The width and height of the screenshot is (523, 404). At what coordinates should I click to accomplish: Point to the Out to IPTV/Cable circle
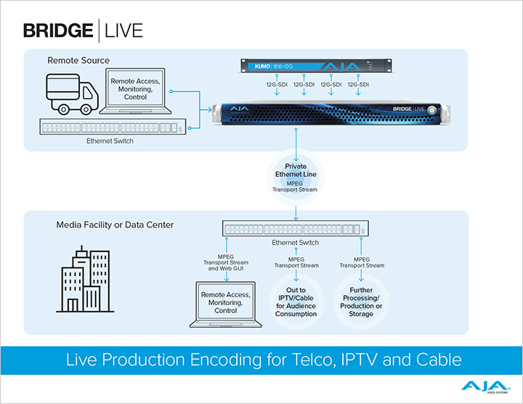point(296,304)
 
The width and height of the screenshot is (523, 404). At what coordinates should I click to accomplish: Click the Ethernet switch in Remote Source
point(109,128)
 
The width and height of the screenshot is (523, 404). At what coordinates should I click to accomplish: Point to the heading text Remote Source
point(78,60)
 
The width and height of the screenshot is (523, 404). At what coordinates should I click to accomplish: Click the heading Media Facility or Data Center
point(115,225)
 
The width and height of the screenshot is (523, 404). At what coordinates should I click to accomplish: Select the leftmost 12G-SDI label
point(278,84)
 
